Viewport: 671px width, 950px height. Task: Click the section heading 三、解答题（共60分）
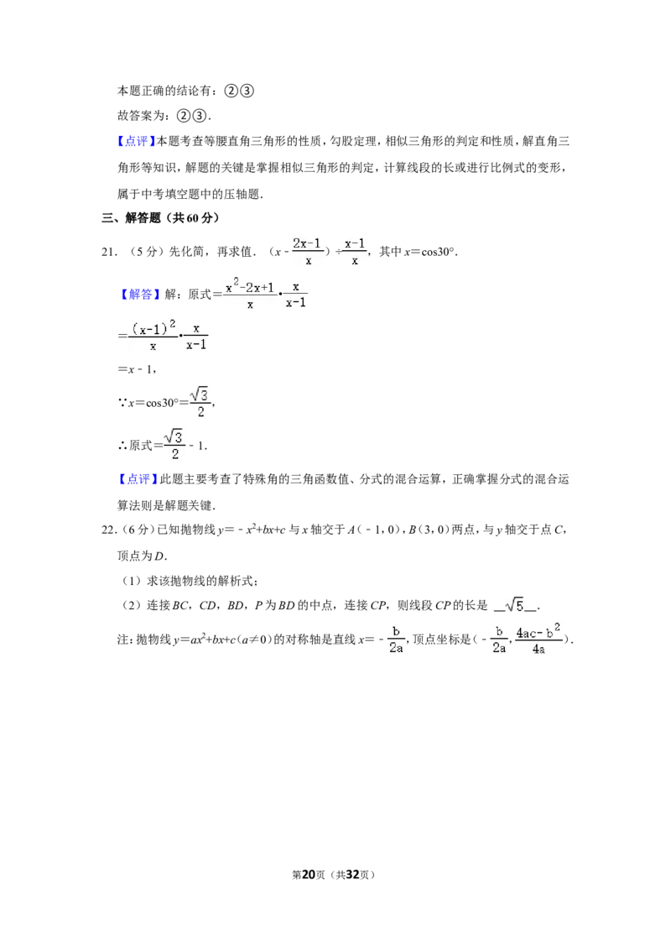coord(161,218)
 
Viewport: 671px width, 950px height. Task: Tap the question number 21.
coord(109,252)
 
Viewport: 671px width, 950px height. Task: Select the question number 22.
coord(109,530)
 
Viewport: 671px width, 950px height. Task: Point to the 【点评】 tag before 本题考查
coord(135,141)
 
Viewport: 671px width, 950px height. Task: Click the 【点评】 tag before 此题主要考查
coord(137,479)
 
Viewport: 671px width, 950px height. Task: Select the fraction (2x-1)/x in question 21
coord(308,252)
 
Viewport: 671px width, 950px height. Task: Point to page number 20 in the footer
coord(309,874)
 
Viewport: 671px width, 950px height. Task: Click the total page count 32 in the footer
coord(352,874)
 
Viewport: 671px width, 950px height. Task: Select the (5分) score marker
coord(143,252)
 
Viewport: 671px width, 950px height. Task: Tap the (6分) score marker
coord(136,530)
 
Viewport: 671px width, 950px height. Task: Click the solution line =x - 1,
coord(138,369)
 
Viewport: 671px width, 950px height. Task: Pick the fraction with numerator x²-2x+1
coord(249,294)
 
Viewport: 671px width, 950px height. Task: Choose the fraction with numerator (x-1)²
coord(153,336)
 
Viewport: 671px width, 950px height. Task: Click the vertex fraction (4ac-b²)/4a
coord(538,639)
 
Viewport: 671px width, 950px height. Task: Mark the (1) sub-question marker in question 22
coord(131,581)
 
